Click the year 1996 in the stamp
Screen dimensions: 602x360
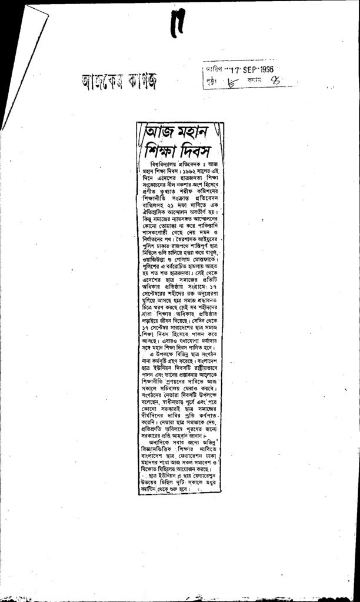(x=265, y=68)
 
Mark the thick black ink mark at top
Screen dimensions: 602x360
(x=178, y=24)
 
